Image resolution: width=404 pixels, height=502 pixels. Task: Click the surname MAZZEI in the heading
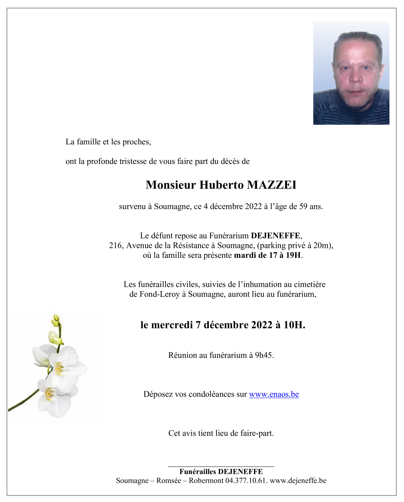pos(272,185)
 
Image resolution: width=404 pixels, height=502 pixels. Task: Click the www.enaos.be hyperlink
pos(274,394)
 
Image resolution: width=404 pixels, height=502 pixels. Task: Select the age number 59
pos(303,207)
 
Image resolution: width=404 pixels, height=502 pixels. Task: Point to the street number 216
pos(115,246)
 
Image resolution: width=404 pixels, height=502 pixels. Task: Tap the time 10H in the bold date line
pos(294,325)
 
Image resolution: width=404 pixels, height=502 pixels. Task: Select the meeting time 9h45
pos(264,355)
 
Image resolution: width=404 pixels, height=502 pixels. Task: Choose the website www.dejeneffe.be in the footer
pos(298,481)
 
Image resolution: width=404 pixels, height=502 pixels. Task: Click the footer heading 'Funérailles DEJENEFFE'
pos(221,472)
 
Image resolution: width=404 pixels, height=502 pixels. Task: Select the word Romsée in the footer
pos(169,481)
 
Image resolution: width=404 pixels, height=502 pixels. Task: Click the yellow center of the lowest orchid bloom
pos(49,394)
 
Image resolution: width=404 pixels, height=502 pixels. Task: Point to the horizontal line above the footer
pos(221,466)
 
